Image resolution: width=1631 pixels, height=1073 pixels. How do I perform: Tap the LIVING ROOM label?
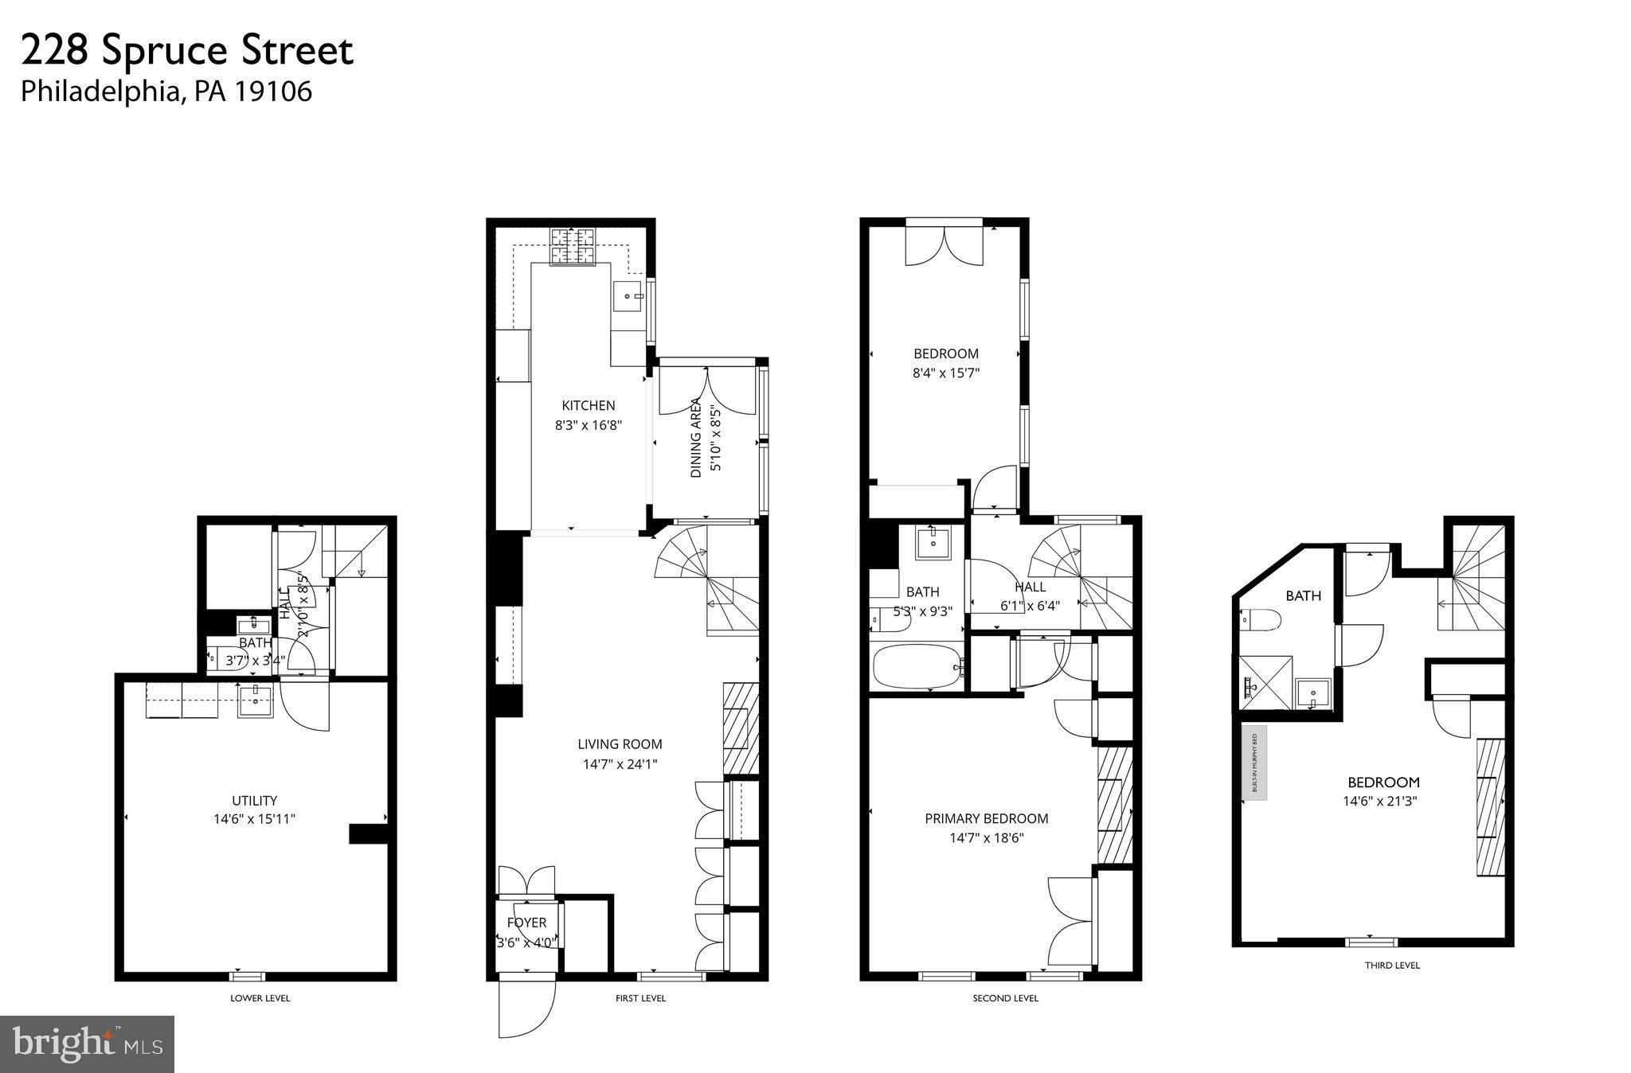(620, 744)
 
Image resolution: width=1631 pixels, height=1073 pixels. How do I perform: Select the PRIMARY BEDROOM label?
(986, 818)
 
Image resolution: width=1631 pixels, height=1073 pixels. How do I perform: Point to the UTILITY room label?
(254, 801)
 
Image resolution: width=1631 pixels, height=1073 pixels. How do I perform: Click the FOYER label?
(526, 923)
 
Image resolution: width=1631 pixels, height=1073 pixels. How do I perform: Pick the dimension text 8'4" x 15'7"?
(946, 373)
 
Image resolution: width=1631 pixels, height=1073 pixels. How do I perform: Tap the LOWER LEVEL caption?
(260, 998)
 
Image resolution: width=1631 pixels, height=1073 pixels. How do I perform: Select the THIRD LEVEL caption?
(1392, 966)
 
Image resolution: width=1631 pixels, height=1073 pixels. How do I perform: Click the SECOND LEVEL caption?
(1005, 998)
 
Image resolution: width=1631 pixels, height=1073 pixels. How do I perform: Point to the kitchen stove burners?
(573, 246)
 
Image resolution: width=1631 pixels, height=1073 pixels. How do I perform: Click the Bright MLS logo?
(87, 1044)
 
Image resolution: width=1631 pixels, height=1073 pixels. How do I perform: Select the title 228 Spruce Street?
(187, 51)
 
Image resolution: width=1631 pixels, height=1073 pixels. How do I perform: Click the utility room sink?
(256, 701)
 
